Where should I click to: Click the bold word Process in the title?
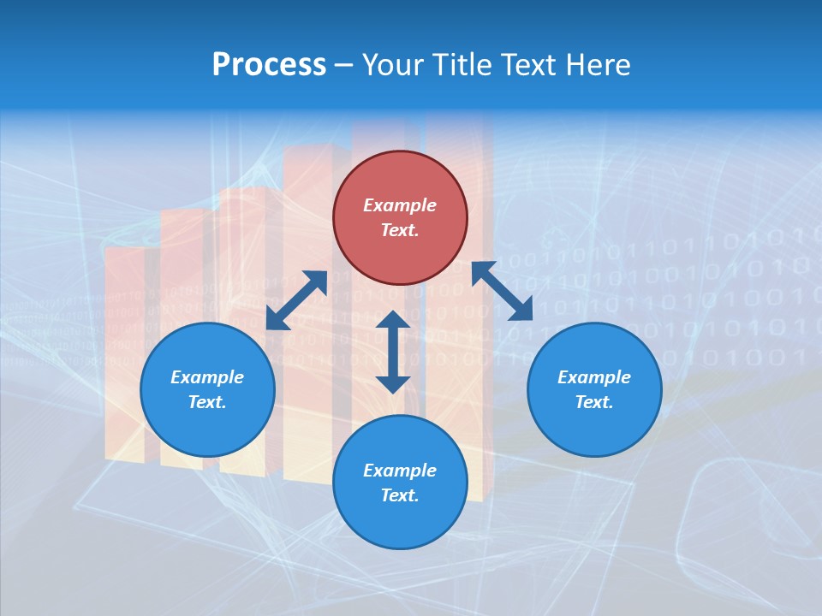point(269,65)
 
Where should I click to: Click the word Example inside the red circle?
point(400,205)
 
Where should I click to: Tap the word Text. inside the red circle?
point(400,230)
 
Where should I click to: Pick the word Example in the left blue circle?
point(207,377)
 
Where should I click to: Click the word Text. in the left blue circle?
point(207,402)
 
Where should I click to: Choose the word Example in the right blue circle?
point(594,377)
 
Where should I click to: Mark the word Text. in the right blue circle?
point(594,402)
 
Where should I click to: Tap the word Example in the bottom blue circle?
point(400,471)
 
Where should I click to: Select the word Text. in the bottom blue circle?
point(400,495)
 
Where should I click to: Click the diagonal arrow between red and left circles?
point(296,300)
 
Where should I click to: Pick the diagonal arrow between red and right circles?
point(503,292)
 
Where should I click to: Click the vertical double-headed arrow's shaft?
point(393,352)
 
